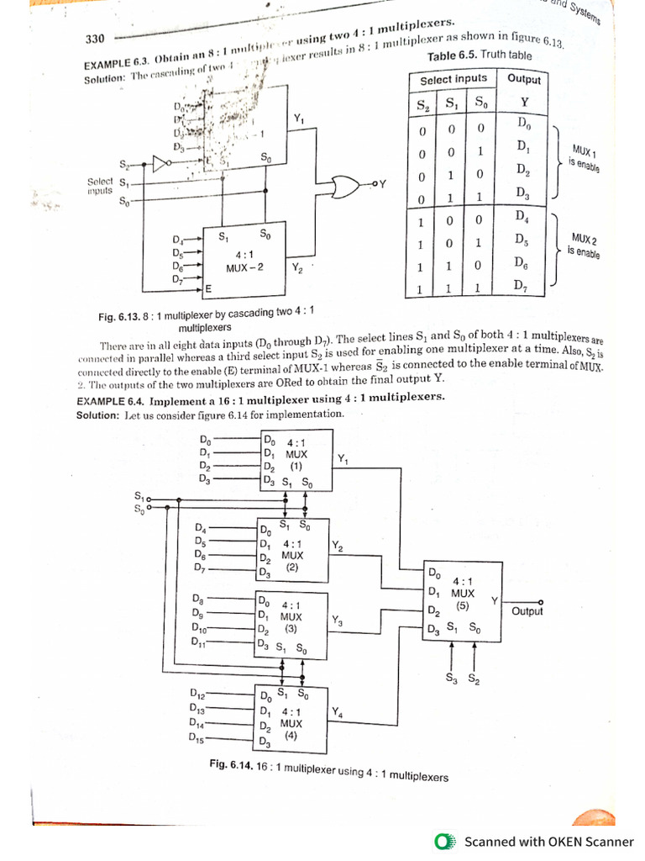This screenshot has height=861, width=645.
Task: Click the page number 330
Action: pos(95,40)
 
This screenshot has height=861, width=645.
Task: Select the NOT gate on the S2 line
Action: pos(158,163)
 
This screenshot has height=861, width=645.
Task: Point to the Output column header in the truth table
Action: pos(524,79)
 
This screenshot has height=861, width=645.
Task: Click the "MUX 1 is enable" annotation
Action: pos(582,157)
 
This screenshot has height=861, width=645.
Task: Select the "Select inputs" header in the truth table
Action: pos(454,79)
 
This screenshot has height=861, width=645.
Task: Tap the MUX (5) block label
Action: pos(462,593)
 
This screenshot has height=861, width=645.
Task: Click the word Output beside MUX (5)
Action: pos(527,611)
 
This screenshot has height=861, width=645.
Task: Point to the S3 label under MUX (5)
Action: pos(452,677)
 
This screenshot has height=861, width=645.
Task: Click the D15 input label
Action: pos(198,739)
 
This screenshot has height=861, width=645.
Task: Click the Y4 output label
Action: pos(337,713)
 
